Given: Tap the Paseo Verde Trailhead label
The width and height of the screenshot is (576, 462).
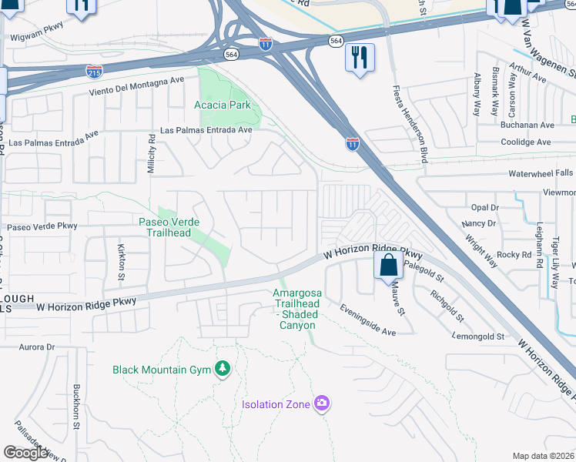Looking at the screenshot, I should point(169,227).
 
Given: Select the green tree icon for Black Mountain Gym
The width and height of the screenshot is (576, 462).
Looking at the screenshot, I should point(223,370).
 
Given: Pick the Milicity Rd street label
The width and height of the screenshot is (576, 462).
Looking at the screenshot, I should point(152,152).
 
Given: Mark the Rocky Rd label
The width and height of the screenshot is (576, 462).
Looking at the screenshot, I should point(514,254).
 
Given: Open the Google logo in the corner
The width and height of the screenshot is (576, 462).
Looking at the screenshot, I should point(25,453).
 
